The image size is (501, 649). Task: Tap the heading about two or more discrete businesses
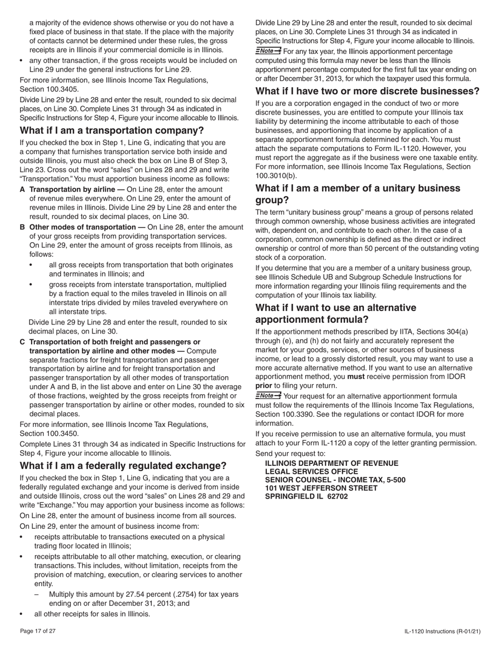368,91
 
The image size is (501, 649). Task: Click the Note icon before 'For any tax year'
268,51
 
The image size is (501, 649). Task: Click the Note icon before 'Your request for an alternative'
268,395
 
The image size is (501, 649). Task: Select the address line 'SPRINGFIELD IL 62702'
306,496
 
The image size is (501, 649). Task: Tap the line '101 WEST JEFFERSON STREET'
321,488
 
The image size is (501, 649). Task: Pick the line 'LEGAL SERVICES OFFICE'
311,471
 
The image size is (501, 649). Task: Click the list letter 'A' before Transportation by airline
23,189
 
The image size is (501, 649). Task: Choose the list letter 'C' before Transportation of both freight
23,342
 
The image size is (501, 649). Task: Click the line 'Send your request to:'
290,454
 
